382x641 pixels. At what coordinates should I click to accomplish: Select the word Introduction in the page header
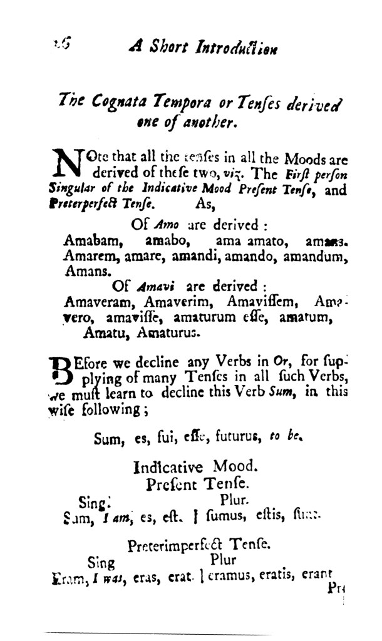pos(237,48)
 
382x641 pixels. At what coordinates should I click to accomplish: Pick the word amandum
pos(312,256)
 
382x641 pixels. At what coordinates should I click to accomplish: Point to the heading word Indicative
pos(168,468)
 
